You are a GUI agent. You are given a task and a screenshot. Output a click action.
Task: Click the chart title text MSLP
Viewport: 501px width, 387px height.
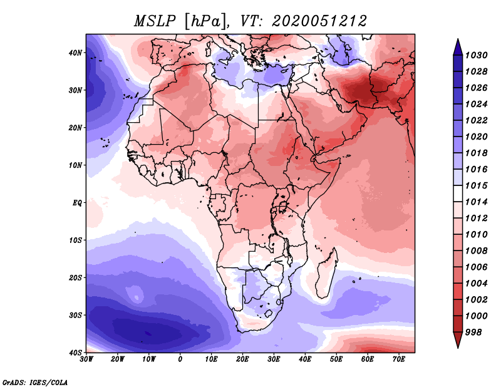(155, 21)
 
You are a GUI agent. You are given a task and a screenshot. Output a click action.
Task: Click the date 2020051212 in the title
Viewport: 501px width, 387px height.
(319, 21)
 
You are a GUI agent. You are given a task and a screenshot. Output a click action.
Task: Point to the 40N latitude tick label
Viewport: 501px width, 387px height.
(75, 53)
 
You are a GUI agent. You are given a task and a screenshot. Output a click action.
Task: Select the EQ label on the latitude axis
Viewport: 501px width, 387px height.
(77, 203)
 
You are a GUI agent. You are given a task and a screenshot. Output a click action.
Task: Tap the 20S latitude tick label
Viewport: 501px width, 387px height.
(75, 277)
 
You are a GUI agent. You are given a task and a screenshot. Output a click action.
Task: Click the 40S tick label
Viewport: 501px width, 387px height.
(75, 353)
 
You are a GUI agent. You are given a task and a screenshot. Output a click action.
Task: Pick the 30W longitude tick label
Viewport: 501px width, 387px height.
(86, 359)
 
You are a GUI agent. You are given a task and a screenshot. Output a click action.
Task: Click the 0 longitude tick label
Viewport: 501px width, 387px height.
(180, 359)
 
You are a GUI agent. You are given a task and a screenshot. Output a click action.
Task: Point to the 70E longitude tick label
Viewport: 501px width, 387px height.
(399, 359)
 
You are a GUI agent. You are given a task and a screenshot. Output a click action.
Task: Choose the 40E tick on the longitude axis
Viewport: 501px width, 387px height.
(305, 359)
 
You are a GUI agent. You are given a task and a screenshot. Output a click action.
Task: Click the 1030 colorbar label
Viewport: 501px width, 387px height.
(476, 55)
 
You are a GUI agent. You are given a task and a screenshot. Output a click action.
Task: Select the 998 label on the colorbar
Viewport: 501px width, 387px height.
(473, 333)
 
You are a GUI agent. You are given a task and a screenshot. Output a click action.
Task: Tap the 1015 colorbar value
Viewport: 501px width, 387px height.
(476, 185)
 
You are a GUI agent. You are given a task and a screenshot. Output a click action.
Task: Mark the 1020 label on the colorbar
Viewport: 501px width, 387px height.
(476, 137)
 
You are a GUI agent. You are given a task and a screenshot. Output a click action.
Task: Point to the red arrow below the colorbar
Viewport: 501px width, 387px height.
(458, 339)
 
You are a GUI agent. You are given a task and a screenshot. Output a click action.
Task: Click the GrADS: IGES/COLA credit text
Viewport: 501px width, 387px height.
(35, 382)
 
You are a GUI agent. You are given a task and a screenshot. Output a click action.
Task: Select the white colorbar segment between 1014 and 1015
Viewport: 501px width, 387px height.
(458, 194)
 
